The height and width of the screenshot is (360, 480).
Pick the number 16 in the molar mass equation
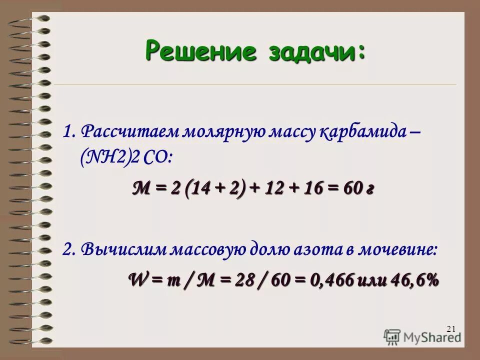coord(308,189)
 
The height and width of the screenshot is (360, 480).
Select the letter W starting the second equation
coord(136,279)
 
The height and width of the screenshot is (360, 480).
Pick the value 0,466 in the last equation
coord(330,279)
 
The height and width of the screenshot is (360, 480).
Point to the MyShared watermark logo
coord(422,336)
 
